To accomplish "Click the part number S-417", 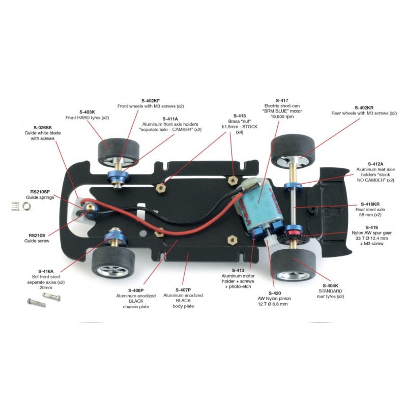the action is [x=282, y=100].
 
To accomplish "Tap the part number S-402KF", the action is [x=151, y=101].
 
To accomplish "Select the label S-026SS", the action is [x=43, y=128].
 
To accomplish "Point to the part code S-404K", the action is [x=330, y=285].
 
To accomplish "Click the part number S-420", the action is [x=275, y=293].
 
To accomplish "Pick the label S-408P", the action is [x=136, y=290].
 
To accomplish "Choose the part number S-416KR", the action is [x=370, y=204].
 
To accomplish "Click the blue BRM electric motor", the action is [x=256, y=208].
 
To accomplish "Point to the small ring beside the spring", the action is [x=26, y=207].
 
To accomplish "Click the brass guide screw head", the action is [x=90, y=207].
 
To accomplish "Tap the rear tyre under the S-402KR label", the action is [x=293, y=151].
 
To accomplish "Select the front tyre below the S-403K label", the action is [x=118, y=153].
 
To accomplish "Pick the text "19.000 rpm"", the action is [x=282, y=117].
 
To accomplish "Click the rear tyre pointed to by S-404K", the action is [x=294, y=265].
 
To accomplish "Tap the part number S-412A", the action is [x=375, y=164].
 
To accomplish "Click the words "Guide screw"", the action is [x=37, y=241].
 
